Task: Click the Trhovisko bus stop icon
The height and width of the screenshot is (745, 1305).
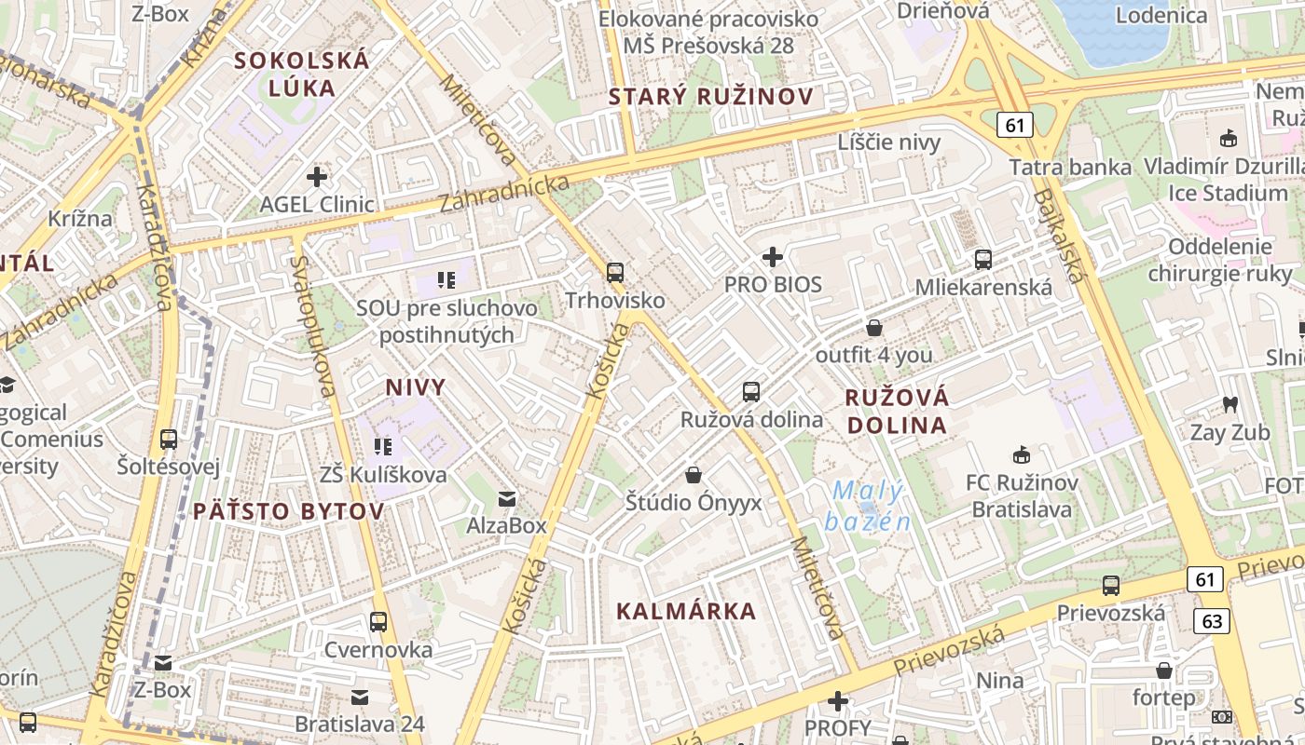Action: click(615, 273)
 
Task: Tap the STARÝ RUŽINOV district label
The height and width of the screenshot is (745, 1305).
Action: click(711, 96)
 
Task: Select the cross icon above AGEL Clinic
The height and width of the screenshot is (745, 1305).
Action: click(317, 176)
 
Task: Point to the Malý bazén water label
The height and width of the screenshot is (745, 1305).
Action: click(869, 506)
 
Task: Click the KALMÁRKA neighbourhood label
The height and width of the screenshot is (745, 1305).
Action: click(686, 612)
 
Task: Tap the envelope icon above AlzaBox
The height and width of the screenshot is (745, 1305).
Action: click(506, 499)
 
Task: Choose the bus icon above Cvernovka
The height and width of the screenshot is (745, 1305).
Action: click(378, 621)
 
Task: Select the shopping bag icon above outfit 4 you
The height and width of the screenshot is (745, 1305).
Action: click(874, 328)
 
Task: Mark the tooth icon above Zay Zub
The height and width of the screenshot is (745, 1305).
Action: click(1229, 405)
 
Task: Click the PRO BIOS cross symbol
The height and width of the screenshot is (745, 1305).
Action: click(773, 256)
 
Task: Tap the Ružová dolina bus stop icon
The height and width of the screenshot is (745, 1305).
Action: click(751, 392)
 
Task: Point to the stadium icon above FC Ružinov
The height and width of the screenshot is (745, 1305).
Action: click(1021, 455)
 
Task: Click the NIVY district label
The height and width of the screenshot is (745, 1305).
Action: click(416, 387)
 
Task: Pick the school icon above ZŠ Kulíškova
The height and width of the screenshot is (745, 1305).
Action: click(382, 447)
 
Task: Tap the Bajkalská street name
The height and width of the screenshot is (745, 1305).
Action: click(1060, 236)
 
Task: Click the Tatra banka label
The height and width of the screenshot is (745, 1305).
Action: click(1070, 168)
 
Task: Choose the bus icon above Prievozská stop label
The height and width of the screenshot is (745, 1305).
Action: click(1110, 586)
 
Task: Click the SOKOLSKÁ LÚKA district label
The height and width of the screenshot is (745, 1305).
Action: click(302, 74)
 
